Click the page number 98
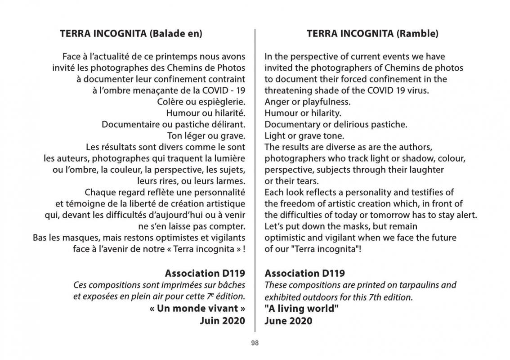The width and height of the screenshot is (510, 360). pos(255,343)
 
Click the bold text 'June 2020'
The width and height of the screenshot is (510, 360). pos(288,320)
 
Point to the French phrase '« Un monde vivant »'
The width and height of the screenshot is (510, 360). pos(197,309)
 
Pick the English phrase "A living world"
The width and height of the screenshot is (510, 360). pos(301,309)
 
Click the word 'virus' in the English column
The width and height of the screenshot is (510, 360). pos(418,90)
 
